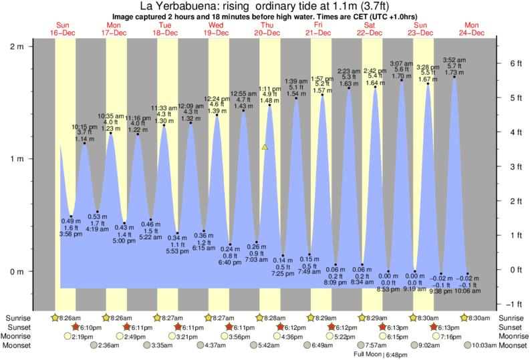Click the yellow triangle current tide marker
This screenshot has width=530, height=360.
265,146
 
